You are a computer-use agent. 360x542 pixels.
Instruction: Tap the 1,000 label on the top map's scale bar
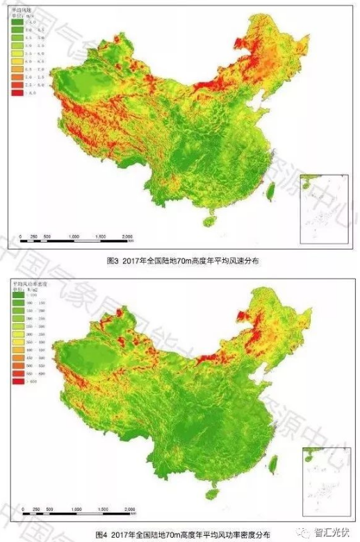point(74,237)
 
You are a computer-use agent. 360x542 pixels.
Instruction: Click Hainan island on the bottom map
point(212,494)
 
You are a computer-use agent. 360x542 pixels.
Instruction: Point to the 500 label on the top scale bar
point(47,237)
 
